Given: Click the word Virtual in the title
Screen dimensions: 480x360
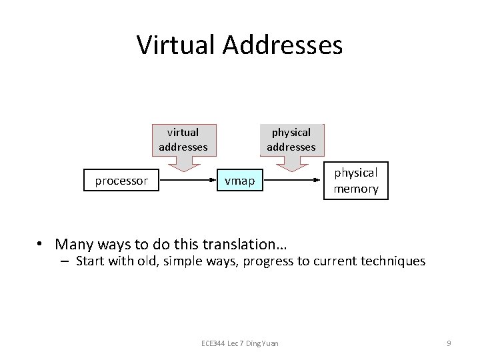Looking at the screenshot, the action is [x=176, y=45].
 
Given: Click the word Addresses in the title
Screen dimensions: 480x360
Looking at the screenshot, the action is [x=283, y=45].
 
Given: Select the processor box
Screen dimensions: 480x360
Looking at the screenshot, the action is [x=121, y=181].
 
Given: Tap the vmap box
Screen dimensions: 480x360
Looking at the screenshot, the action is [x=239, y=181].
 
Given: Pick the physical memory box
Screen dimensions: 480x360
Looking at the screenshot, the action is [x=356, y=181].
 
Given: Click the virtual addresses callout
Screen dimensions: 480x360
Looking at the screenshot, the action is [x=183, y=140].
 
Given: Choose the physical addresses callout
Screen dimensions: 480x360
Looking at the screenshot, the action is [x=291, y=140].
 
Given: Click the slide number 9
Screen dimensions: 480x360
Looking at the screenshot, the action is [x=449, y=343].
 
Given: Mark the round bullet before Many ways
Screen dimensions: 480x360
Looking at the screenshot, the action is [x=41, y=244].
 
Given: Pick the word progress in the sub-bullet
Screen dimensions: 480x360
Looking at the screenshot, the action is [x=267, y=261].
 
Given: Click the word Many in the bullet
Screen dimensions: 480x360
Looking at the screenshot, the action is [x=72, y=244].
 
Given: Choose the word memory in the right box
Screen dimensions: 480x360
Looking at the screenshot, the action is [x=356, y=189].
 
